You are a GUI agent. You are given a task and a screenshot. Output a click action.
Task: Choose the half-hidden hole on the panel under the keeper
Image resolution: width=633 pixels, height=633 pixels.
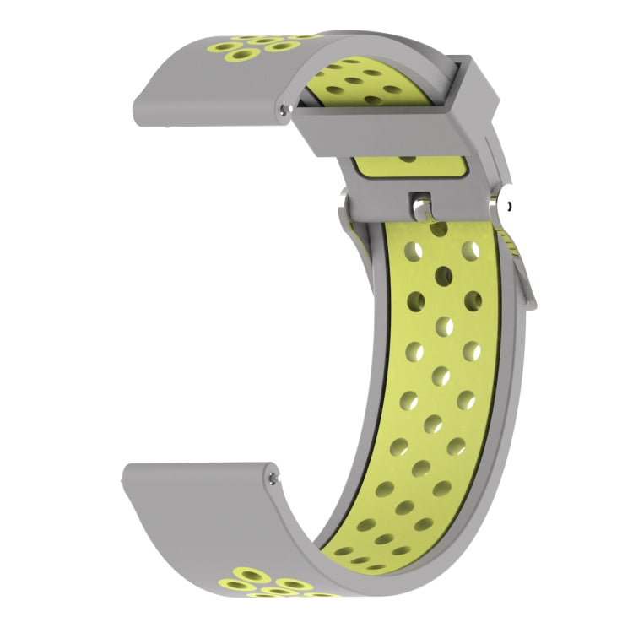408,158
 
